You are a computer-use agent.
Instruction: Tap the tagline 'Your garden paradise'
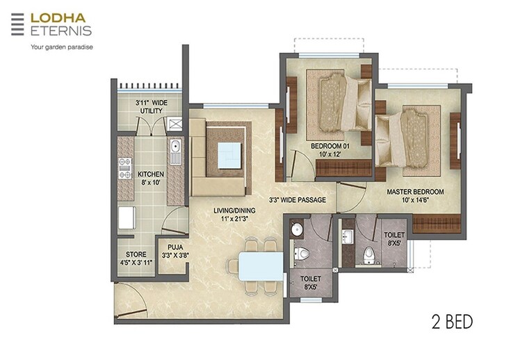(60, 47)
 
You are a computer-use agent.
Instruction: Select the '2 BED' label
(451, 322)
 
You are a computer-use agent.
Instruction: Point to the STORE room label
(136, 259)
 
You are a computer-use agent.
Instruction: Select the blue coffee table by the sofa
(228, 154)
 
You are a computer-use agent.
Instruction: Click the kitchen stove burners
(126, 168)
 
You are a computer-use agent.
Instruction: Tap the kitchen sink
(175, 148)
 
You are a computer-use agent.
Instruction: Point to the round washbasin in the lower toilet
(296, 229)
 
